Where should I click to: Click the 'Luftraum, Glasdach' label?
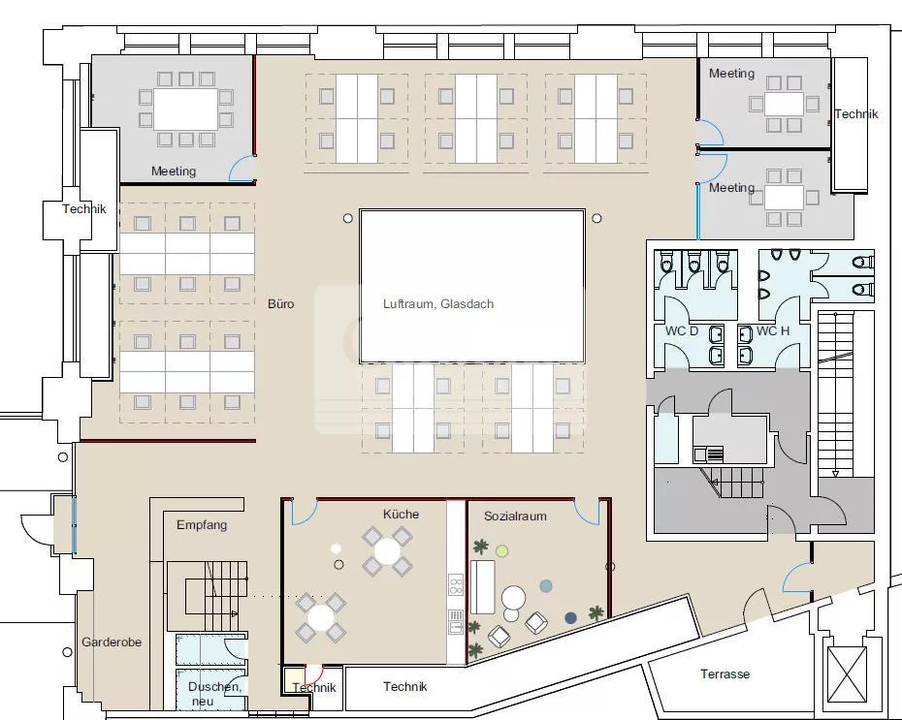tap(438, 304)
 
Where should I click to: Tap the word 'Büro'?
tap(280, 304)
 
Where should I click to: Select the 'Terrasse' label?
tap(725, 674)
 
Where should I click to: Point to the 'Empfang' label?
tap(202, 524)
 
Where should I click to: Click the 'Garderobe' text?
tap(112, 642)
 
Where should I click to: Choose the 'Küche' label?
tap(401, 515)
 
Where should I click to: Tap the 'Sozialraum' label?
tap(515, 516)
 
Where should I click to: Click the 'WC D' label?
tap(682, 331)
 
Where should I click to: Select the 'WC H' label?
tap(773, 331)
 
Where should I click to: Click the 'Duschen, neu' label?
tap(214, 694)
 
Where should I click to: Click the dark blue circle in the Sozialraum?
tap(570, 617)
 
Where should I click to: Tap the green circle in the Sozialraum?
tap(502, 551)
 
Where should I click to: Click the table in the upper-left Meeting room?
tap(186, 110)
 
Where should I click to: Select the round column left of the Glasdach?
tap(347, 218)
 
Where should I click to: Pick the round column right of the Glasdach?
tap(596, 218)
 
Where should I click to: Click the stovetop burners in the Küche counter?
tap(456, 585)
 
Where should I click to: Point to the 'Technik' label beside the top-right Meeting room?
tap(856, 113)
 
